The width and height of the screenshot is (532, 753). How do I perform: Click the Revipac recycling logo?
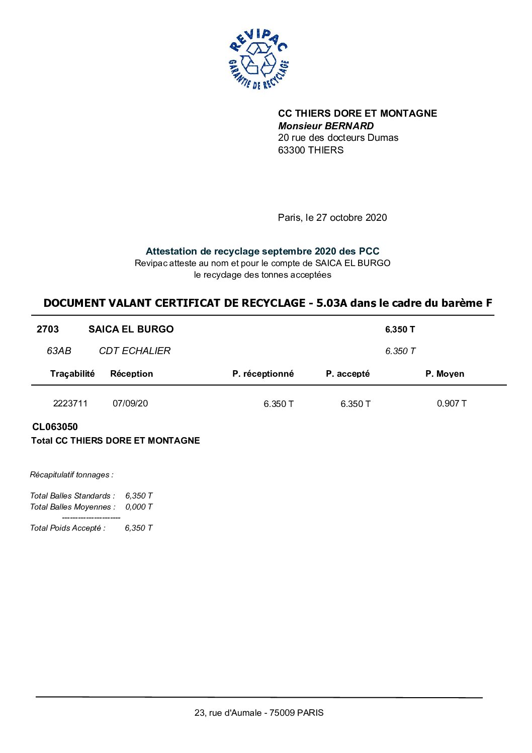point(258,59)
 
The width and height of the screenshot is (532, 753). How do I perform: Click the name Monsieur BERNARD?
point(326,126)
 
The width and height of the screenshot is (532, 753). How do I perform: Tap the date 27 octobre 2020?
point(351,217)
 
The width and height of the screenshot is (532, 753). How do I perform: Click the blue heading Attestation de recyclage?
point(262,251)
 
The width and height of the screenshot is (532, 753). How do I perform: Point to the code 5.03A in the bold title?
point(332,303)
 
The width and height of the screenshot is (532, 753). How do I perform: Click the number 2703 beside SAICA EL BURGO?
point(48,329)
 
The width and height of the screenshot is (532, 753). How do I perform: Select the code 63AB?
point(59,351)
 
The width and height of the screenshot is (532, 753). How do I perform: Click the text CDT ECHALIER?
point(135,351)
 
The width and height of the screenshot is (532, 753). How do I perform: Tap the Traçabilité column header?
point(72,373)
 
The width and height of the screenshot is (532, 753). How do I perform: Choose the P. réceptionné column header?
point(263,374)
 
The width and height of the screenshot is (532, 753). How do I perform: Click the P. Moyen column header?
point(445,374)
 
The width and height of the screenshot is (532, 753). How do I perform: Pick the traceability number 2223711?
point(70,403)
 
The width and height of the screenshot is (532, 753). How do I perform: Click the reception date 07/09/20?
point(130,403)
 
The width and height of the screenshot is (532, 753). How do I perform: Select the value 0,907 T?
point(452,403)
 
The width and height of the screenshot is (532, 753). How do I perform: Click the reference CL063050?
point(55,427)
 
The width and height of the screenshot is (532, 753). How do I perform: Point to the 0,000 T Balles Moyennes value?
point(139,507)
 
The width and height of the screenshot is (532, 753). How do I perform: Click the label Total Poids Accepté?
point(68,528)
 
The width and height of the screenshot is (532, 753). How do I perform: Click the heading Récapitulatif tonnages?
point(71,474)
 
